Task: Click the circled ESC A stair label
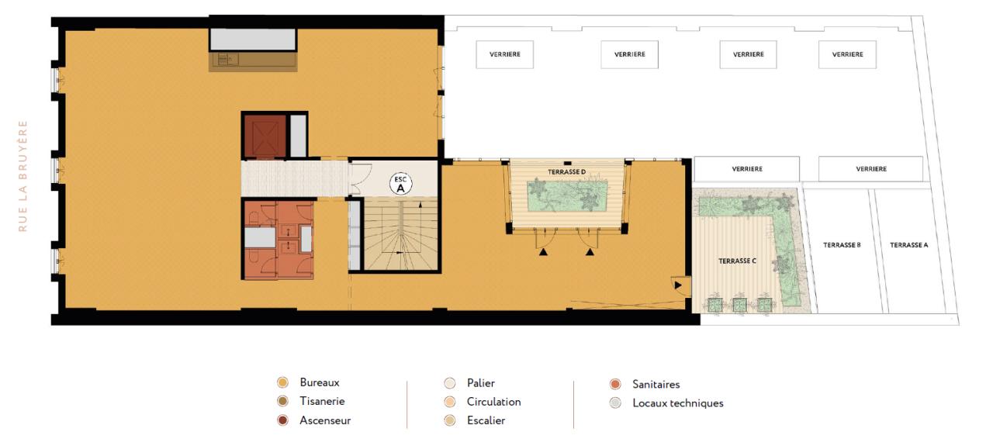pos(400,185)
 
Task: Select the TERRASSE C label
pos(736,261)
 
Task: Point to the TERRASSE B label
pos(842,245)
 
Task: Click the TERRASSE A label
pos(908,245)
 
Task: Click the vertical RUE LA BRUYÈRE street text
pos(23,175)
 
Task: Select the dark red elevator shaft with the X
pos(265,136)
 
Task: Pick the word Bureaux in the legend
pos(319,382)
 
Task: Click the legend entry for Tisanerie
pos(322,402)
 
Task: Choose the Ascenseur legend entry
pos(325,420)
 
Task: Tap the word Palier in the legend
pos(480,383)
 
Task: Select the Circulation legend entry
pos(493,402)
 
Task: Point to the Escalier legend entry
pos(486,420)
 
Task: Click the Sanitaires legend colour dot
pos(615,384)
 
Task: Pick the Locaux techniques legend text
pos(677,403)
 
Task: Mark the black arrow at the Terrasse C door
pos(679,286)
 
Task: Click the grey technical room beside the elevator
pos(298,137)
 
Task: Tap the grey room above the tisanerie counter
pos(253,40)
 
